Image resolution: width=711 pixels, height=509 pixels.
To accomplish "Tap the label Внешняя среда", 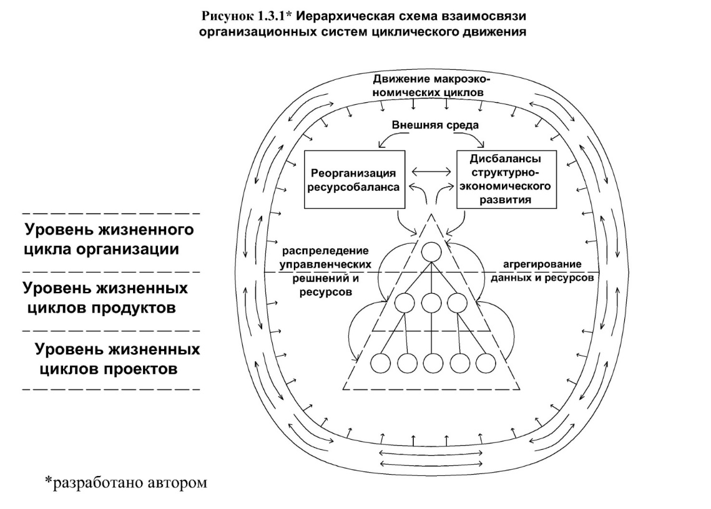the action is click(x=435, y=125).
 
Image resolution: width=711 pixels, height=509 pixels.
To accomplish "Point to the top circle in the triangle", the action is click(x=431, y=251).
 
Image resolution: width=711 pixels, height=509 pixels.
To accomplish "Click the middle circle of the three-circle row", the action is click(x=431, y=303).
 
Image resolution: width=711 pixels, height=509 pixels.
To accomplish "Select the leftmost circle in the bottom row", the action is click(x=380, y=362).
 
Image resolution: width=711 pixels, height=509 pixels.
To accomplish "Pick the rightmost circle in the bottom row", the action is click(x=486, y=362).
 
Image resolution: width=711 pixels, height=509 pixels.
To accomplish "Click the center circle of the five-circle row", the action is click(x=433, y=362).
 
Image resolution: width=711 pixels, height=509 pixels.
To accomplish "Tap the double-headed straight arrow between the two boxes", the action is click(x=431, y=172).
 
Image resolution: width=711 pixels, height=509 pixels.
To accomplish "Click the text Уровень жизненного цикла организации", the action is click(x=109, y=240).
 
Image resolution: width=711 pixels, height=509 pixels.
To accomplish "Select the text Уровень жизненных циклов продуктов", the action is click(x=105, y=298).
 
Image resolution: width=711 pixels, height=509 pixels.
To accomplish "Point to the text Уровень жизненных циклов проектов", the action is click(x=117, y=359).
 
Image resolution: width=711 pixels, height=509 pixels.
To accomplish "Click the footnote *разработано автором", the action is click(x=125, y=482).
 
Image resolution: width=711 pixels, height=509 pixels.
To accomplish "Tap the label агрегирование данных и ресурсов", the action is click(x=542, y=271).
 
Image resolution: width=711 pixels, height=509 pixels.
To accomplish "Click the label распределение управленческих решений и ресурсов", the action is click(x=326, y=271).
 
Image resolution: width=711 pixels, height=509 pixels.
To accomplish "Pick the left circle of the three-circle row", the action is click(x=405, y=303).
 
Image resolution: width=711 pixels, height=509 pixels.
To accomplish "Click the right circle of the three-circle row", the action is click(x=456, y=303).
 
